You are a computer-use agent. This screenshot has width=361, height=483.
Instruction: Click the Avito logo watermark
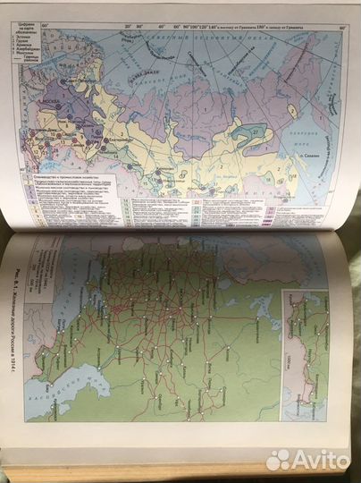pyautogui.click(x=308, y=460)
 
